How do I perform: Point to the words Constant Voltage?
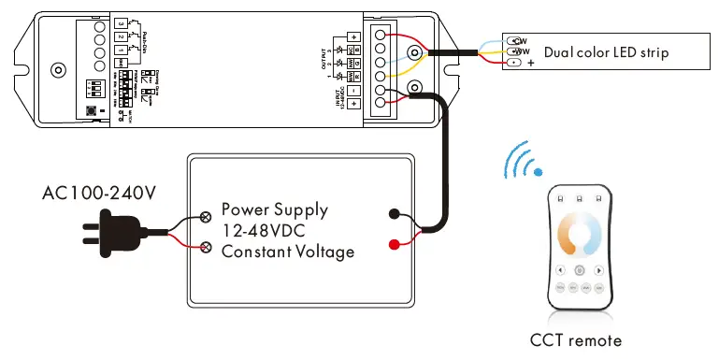pos(288,252)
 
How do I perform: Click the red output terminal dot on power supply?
pos(394,245)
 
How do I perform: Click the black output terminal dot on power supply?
pos(394,213)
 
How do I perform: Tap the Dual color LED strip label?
pos(607,52)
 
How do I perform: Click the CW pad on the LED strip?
pos(513,40)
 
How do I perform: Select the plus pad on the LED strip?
pos(513,64)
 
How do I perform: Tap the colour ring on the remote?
pos(580,238)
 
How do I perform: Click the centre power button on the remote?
pos(580,269)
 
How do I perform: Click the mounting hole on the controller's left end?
pos(58,70)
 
